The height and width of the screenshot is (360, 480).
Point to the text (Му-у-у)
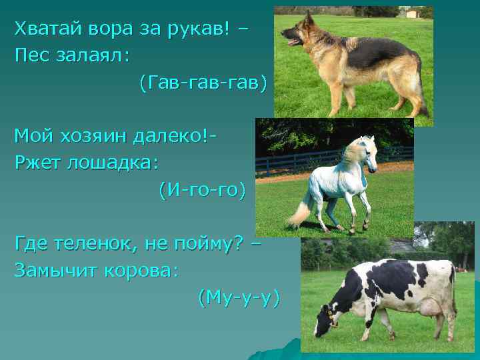[239, 298]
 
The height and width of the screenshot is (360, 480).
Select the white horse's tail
[297, 213]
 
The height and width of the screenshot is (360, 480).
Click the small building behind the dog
[413, 13]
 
